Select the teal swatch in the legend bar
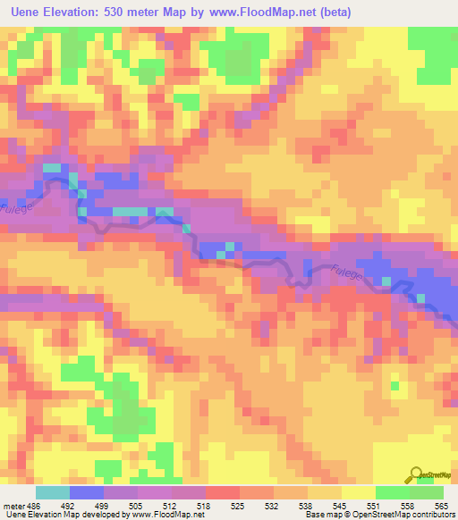53,492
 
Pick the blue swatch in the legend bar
87,492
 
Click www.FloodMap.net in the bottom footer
170,515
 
